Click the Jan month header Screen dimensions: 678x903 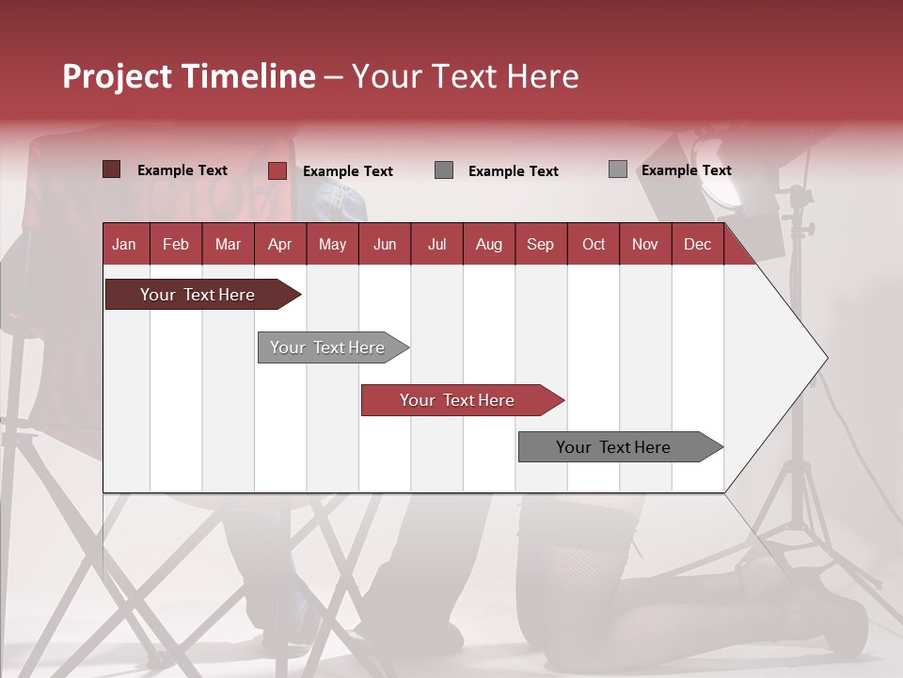click(124, 245)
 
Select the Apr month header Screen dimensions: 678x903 click(279, 245)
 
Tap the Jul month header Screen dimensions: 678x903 click(436, 245)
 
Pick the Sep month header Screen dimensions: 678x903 click(540, 245)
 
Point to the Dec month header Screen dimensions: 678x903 click(697, 245)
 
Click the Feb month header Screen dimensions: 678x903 click(176, 245)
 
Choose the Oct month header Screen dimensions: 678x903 click(593, 245)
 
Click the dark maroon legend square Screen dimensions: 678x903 click(112, 169)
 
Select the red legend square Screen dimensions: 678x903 click(277, 170)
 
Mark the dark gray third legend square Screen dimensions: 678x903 click(444, 169)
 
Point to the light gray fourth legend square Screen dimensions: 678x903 click(618, 169)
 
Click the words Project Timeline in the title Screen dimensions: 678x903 click(188, 76)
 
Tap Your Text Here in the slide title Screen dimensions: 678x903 click(465, 76)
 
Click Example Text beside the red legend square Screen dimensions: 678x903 click(347, 171)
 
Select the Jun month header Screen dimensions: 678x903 click(385, 245)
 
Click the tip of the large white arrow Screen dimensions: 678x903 click(826, 358)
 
